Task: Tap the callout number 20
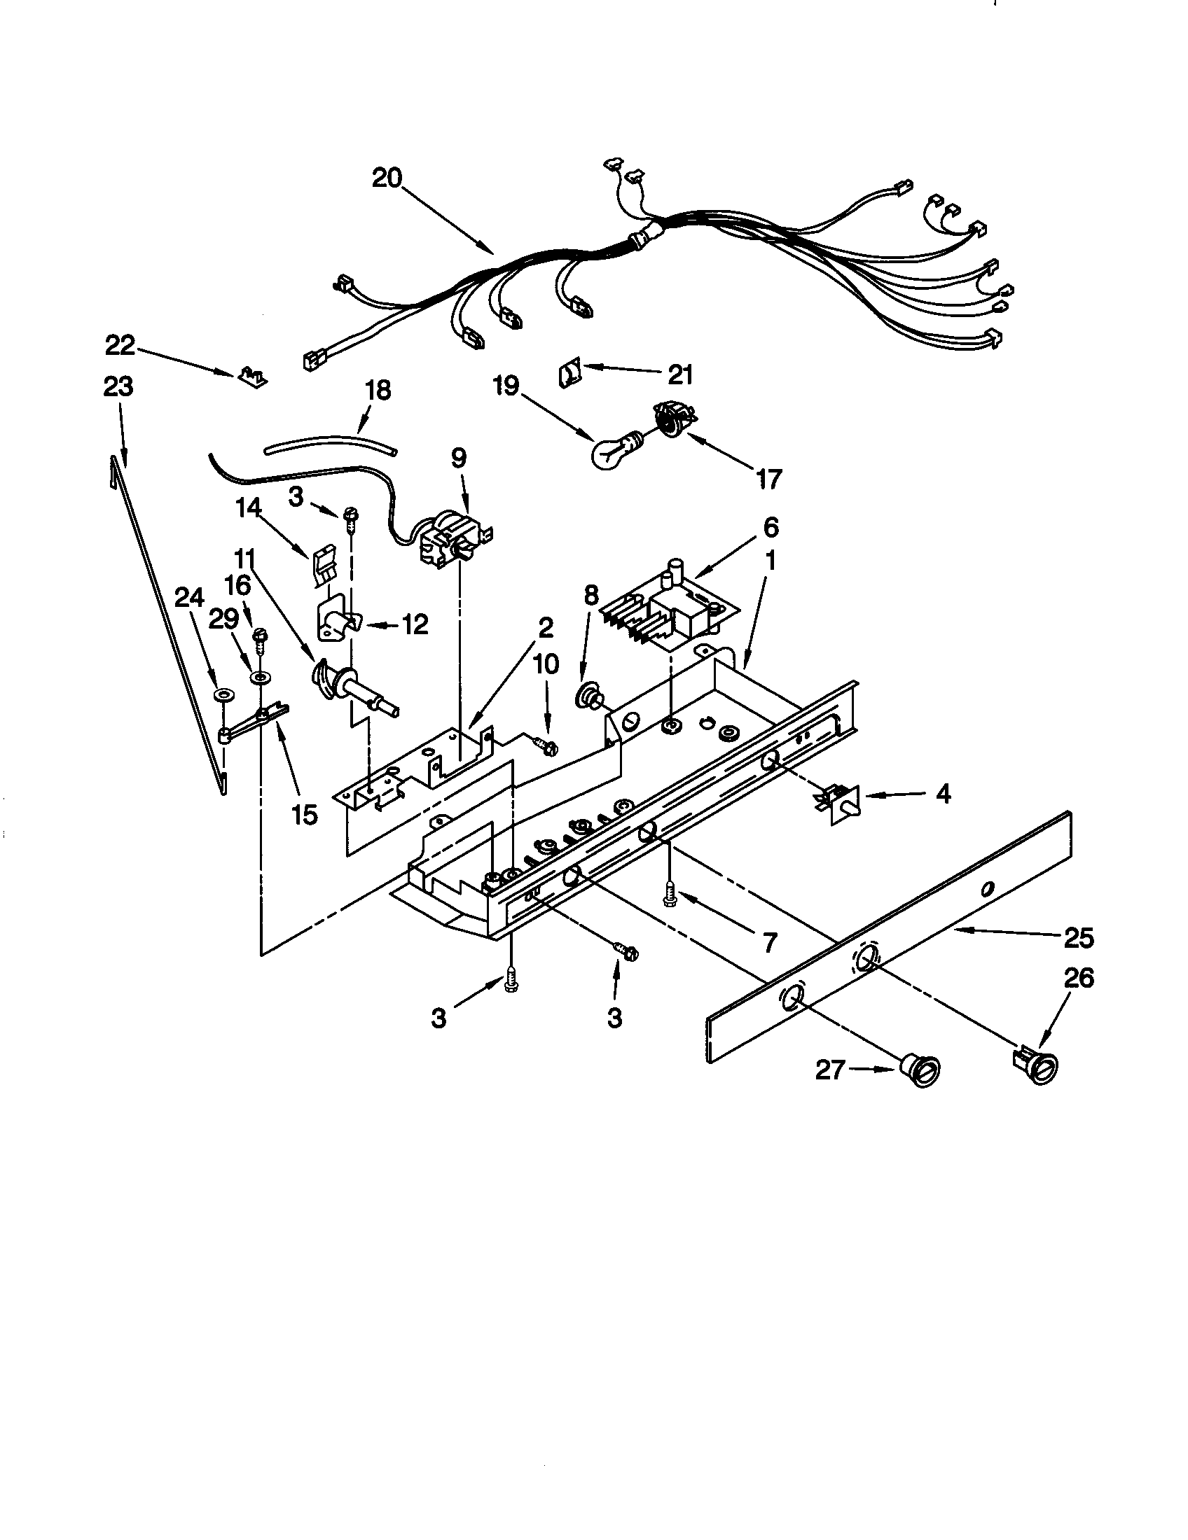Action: (x=387, y=178)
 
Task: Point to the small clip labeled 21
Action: (x=569, y=372)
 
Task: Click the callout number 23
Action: (x=118, y=387)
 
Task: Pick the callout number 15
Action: (x=303, y=814)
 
